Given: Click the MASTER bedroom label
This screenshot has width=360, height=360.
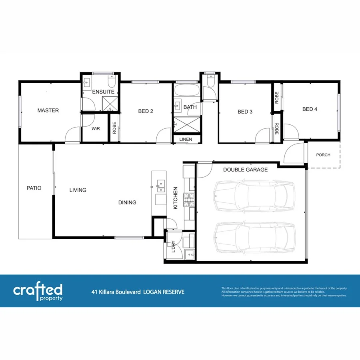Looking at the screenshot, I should (x=48, y=110).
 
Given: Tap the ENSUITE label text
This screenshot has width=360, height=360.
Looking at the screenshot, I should (x=103, y=92).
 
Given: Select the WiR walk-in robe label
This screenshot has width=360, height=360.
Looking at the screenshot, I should (x=95, y=129).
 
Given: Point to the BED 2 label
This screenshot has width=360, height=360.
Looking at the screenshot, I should (x=146, y=112).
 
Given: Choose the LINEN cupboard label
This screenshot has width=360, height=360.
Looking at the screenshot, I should (x=186, y=139).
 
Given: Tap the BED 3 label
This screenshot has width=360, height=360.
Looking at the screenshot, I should (x=245, y=112).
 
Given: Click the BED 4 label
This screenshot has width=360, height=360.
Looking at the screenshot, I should (x=310, y=109).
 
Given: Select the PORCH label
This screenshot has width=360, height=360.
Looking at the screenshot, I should (x=323, y=155).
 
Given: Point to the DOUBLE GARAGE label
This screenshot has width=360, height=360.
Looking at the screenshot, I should (x=245, y=170).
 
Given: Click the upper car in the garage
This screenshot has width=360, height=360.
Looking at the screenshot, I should (x=254, y=196).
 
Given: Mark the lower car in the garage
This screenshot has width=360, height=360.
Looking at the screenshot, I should (x=254, y=238).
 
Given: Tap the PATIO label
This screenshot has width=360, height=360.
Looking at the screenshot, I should (x=34, y=188).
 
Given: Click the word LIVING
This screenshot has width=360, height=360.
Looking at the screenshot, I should (x=78, y=190).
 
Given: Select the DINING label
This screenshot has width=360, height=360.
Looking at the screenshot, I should (x=127, y=202).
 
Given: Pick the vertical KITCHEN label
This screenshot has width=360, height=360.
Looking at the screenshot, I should (x=175, y=198).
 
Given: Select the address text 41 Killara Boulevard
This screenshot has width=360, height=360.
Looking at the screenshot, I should (x=116, y=292).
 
